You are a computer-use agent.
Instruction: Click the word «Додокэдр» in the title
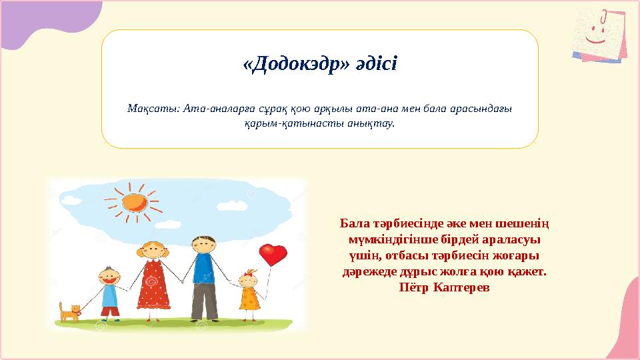click(x=296, y=64)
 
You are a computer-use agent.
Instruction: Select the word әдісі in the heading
click(x=376, y=64)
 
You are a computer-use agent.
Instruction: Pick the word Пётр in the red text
click(x=414, y=287)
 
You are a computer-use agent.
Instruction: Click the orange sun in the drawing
click(x=134, y=203)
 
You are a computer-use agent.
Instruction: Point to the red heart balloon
click(x=273, y=254)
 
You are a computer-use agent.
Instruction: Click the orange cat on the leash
click(x=69, y=313)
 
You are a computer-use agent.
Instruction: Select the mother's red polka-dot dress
click(x=153, y=285)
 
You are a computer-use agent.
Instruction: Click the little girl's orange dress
click(x=249, y=299)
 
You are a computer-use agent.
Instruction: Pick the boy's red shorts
click(x=110, y=311)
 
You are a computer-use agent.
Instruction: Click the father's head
click(x=204, y=245)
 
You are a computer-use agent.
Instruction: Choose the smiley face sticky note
click(x=599, y=36)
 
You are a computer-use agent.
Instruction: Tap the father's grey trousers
click(x=205, y=301)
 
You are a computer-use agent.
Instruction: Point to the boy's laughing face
click(x=109, y=276)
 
